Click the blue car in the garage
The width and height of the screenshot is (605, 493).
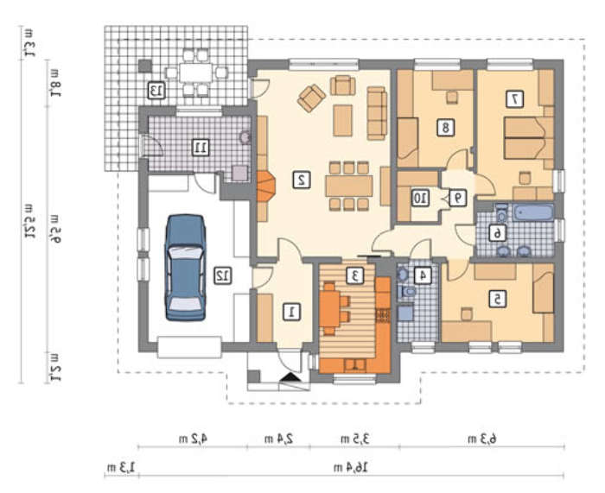point(185,268)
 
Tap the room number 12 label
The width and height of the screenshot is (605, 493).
point(223,276)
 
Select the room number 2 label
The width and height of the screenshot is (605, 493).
point(302,180)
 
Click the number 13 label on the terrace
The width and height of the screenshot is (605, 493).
point(156,90)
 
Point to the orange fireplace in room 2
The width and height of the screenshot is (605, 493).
point(266,186)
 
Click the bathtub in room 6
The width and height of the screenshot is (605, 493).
point(533,212)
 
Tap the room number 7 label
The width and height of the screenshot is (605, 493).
point(515,99)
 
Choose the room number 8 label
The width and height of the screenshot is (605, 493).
point(446,128)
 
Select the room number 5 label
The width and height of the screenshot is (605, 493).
point(498,299)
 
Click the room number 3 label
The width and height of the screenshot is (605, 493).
point(355,275)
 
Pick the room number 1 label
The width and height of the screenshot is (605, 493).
point(292,312)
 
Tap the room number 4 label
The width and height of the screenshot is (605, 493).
point(423,276)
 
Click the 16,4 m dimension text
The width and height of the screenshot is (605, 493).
point(351,468)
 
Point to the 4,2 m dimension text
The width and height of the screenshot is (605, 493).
point(193,439)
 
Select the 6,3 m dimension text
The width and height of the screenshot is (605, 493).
point(482,439)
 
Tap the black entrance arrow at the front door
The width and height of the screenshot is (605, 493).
point(290,377)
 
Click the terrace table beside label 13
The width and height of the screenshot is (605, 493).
point(195,73)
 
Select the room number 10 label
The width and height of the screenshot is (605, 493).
point(420,198)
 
